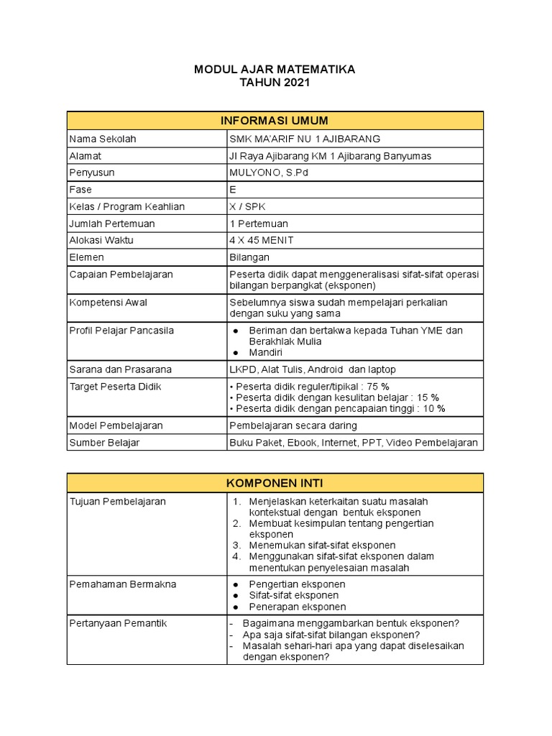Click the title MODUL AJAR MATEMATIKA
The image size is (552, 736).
tap(275, 70)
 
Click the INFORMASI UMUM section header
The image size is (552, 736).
tap(275, 120)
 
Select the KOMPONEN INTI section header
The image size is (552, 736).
tap(275, 482)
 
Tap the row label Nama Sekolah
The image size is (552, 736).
tap(103, 139)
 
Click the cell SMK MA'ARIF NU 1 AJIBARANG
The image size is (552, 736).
tap(304, 139)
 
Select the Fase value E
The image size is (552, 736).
tap(233, 190)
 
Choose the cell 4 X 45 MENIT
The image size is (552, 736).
tap(261, 240)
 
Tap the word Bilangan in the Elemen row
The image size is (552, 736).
tap(249, 257)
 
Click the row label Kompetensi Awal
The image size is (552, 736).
tap(108, 303)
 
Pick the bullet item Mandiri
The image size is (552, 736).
tap(266, 353)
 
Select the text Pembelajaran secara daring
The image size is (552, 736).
tap(293, 425)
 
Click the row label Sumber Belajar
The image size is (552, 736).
tap(104, 443)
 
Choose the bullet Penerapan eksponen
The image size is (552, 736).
tap(297, 607)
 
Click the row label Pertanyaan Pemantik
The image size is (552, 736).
tap(118, 623)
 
